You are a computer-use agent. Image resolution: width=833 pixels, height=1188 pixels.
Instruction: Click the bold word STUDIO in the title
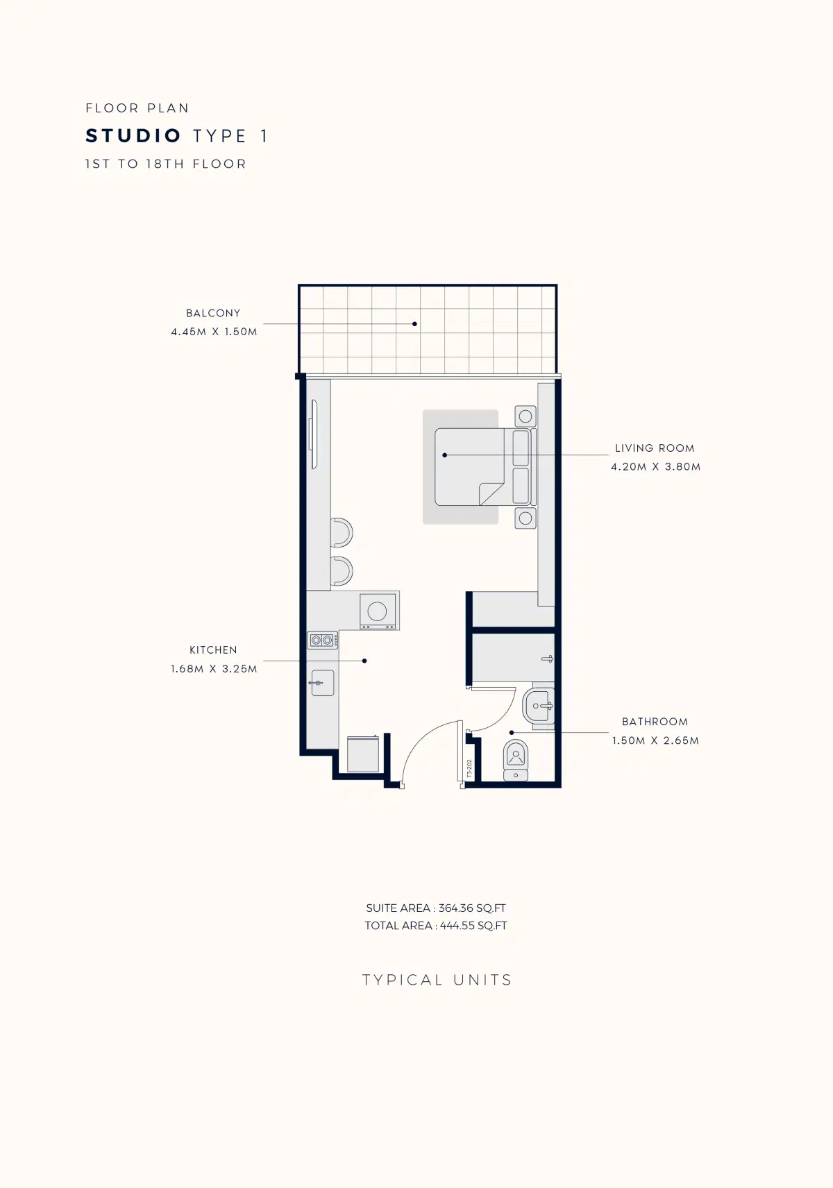tap(133, 136)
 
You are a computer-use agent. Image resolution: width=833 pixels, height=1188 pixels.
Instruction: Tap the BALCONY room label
tap(213, 313)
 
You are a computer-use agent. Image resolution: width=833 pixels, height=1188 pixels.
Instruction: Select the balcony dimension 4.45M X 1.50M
tap(214, 332)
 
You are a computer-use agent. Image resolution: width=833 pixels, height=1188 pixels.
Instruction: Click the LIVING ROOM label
tap(655, 448)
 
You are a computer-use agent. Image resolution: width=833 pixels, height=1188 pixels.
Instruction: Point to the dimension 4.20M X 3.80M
tap(656, 467)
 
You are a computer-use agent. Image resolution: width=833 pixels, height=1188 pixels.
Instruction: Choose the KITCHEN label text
tap(213, 650)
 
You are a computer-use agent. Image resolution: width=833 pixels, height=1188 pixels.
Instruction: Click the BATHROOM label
tap(655, 721)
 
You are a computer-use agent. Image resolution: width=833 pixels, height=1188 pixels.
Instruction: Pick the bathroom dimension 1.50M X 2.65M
tap(655, 740)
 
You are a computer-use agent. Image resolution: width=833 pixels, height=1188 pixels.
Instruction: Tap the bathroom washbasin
tap(539, 706)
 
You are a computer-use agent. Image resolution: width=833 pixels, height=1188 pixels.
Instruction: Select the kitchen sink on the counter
tap(322, 683)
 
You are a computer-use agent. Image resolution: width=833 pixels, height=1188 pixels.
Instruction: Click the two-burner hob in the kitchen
tap(323, 640)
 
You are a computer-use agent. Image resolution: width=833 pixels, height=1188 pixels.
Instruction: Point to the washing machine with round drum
tap(377, 611)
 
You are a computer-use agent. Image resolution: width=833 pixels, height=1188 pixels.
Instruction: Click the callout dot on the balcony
tap(415, 323)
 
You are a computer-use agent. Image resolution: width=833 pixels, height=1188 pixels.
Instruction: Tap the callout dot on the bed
tap(445, 455)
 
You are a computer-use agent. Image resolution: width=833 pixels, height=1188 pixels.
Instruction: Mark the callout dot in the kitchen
tap(364, 661)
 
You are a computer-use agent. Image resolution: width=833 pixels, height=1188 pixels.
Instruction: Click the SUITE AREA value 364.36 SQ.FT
tap(472, 908)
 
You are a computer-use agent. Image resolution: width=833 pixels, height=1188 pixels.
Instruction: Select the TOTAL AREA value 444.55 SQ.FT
tap(473, 926)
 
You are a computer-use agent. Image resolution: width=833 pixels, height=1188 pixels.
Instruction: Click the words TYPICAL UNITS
tap(437, 980)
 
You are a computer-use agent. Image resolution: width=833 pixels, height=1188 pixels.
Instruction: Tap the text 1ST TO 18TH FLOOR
tap(166, 164)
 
